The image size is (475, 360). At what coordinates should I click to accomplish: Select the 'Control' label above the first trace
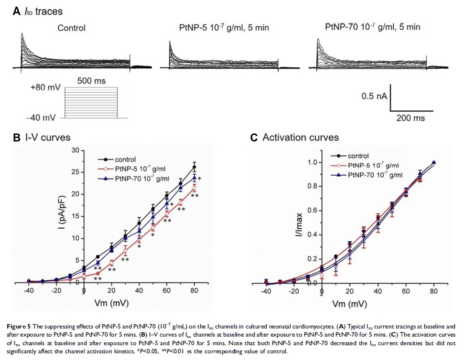click(71, 28)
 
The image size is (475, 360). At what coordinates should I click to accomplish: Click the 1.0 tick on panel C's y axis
click(312, 162)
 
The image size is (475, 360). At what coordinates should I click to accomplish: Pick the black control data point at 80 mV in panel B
click(194, 167)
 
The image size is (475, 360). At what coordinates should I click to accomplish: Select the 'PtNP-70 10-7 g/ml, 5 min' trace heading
click(372, 27)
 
